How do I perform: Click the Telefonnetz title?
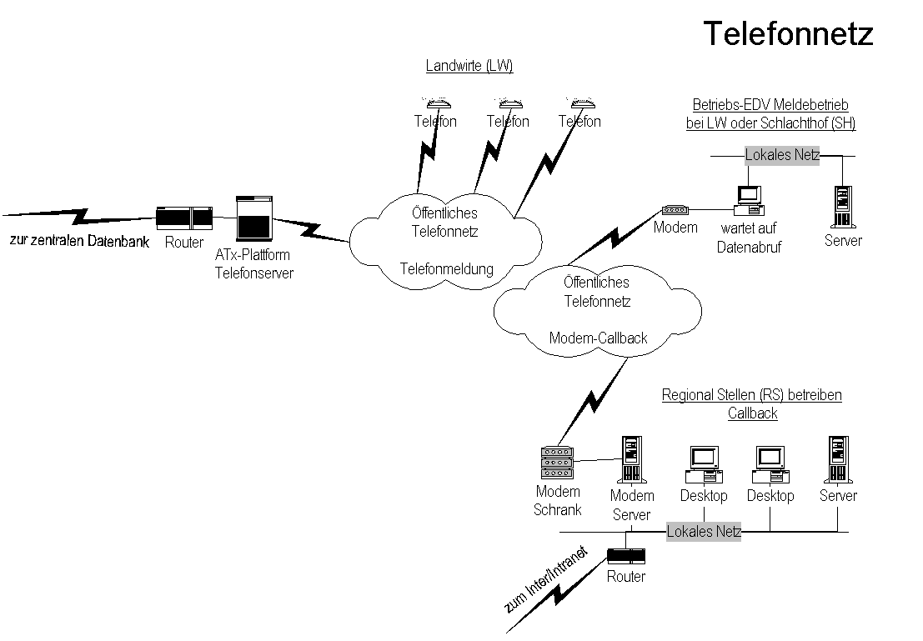(x=788, y=33)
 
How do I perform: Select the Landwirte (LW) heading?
(x=469, y=67)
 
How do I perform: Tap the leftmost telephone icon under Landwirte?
(x=436, y=104)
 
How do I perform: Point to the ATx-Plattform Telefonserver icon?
(x=253, y=218)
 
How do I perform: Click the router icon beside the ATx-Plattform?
(x=184, y=218)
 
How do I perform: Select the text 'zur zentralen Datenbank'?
(x=79, y=242)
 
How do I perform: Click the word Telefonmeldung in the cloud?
(x=447, y=269)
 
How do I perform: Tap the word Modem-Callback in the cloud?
(x=598, y=338)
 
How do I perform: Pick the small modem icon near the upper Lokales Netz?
(x=675, y=210)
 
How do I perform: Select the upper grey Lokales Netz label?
(x=782, y=155)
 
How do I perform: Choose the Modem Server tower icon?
(x=631, y=460)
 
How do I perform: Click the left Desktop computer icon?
(x=703, y=464)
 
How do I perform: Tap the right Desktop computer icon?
(x=770, y=464)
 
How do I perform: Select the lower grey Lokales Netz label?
(x=704, y=532)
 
